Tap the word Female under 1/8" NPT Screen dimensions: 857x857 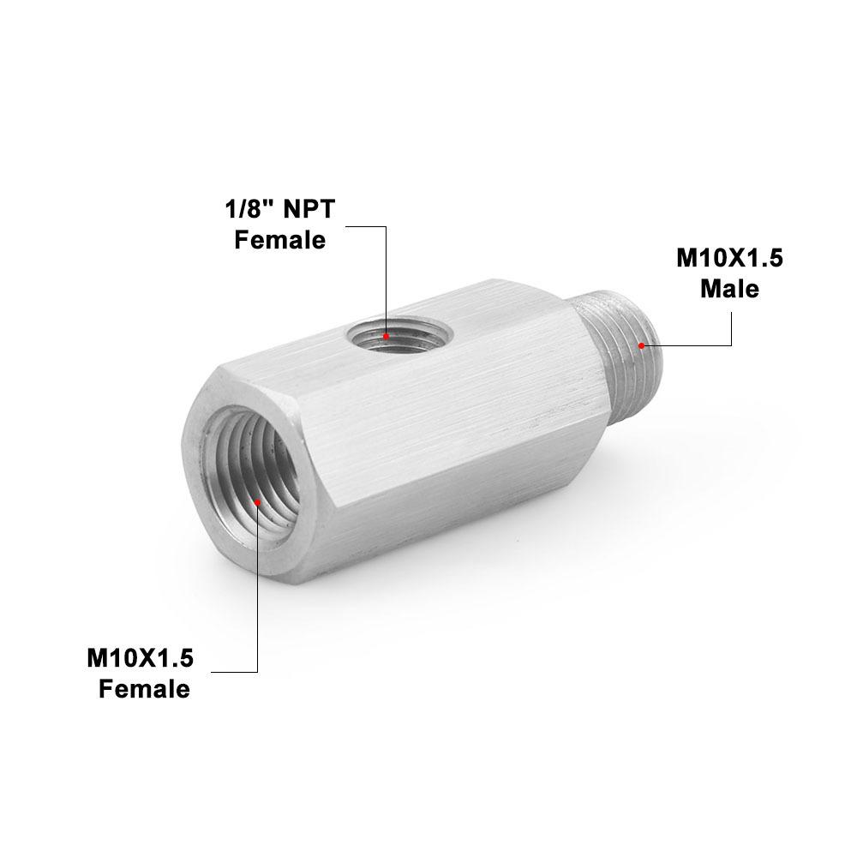pyautogui.click(x=280, y=240)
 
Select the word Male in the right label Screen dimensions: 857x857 pyautogui.click(x=729, y=289)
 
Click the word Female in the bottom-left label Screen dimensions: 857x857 pyautogui.click(x=144, y=688)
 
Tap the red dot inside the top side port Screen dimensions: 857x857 pyautogui.click(x=387, y=336)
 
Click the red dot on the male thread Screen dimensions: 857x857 pyautogui.click(x=641, y=345)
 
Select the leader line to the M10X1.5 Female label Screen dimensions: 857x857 pyautogui.click(x=257, y=600)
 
